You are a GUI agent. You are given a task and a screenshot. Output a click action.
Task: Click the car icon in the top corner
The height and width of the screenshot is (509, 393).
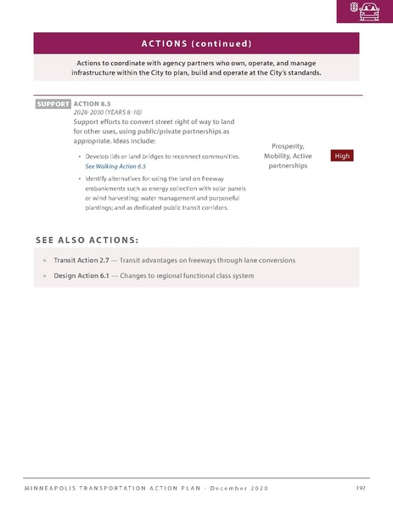click(370, 11)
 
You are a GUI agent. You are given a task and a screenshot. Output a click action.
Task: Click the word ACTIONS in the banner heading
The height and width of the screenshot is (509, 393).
click(169, 43)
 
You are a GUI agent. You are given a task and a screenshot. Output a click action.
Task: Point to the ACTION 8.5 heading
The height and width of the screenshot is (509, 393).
click(92, 104)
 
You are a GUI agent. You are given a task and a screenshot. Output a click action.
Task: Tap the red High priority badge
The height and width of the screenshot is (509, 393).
click(342, 156)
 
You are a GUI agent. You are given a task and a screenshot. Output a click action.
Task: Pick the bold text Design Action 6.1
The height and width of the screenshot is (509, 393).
click(84, 275)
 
